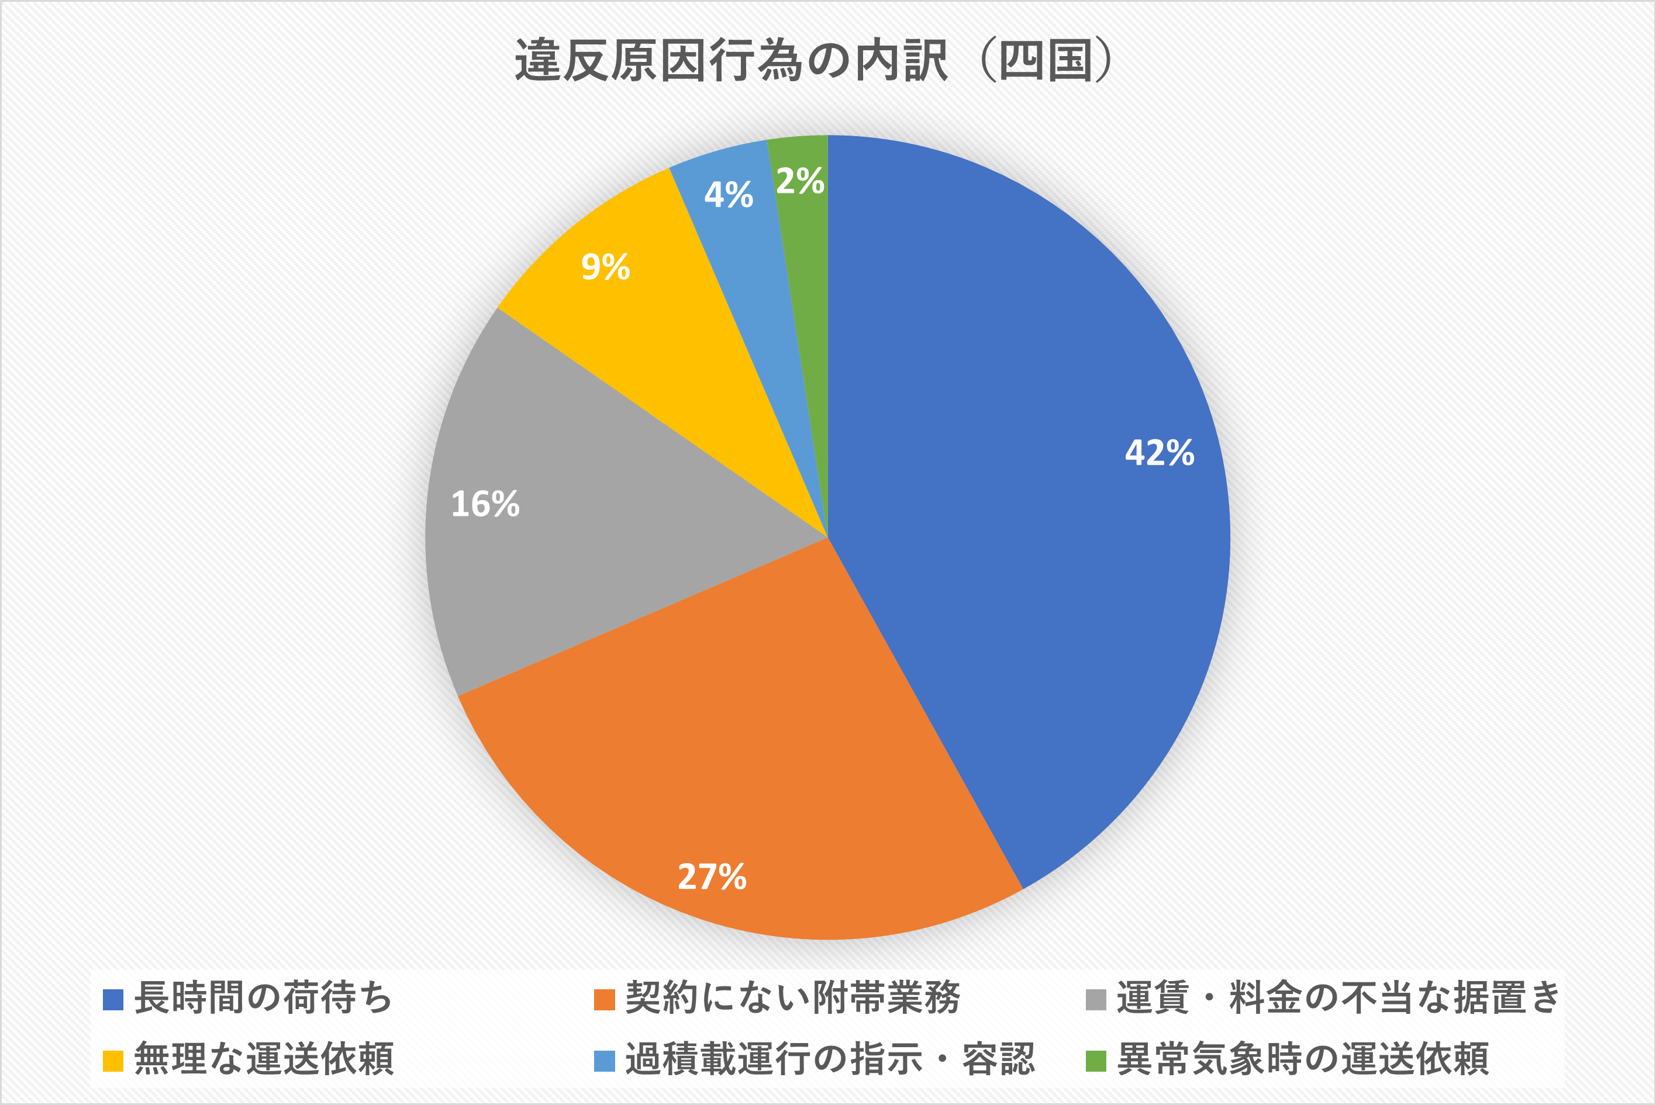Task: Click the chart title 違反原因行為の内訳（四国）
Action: pos(814,61)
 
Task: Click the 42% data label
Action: pos(1159,452)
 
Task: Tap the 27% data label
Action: pos(712,877)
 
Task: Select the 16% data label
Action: pos(485,504)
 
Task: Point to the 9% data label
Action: pos(605,267)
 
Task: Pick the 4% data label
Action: pos(728,195)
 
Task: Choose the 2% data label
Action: pos(800,181)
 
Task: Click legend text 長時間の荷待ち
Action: pos(263,998)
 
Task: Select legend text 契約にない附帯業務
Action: pos(792,998)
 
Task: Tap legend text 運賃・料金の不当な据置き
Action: pos(1338,998)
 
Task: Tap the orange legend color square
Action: pos(604,1000)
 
